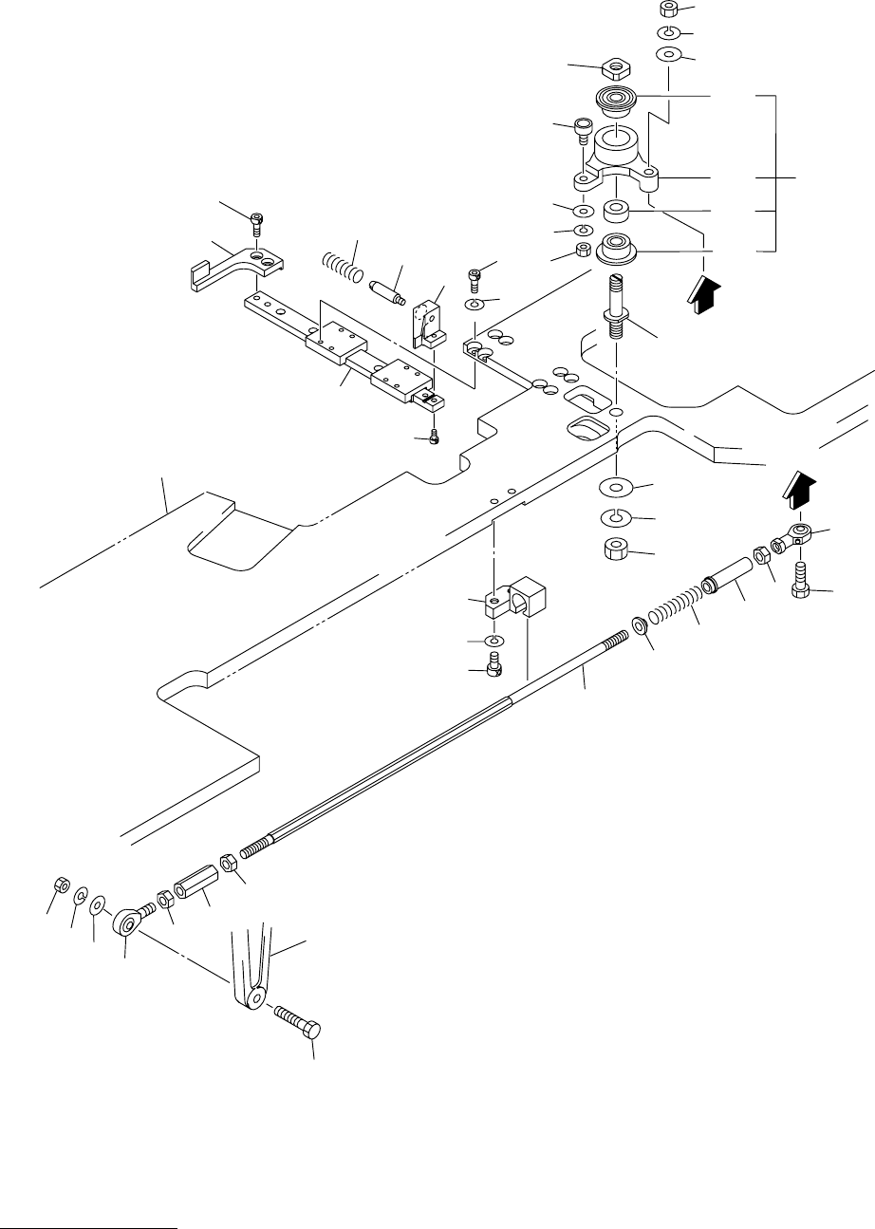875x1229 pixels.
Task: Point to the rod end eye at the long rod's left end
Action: [x=129, y=920]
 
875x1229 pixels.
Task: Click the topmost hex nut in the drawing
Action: [x=668, y=9]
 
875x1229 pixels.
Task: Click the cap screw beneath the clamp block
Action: [x=493, y=665]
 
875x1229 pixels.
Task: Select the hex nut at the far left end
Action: [x=58, y=883]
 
